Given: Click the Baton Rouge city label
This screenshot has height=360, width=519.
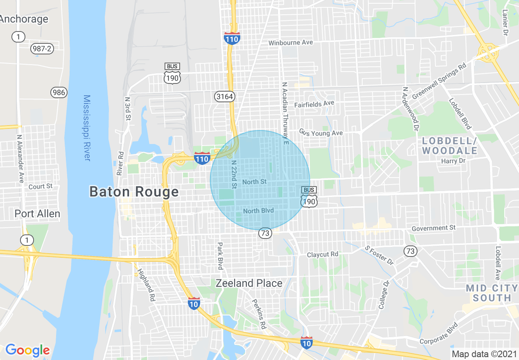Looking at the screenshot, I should click(x=134, y=191).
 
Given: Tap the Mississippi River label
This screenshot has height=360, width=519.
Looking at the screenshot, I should click(x=87, y=128).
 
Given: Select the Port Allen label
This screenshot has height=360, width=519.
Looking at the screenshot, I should click(x=37, y=214).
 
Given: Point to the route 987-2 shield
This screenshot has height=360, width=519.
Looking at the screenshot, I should click(x=42, y=49).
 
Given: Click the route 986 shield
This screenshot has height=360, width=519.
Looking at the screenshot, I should click(x=59, y=92).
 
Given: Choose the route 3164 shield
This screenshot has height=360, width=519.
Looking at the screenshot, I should click(x=224, y=97).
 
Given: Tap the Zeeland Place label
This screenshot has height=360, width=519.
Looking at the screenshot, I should click(x=249, y=283).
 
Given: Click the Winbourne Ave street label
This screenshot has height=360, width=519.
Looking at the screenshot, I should click(x=291, y=43).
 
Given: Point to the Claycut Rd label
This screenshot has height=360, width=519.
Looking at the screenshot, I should click(x=323, y=254).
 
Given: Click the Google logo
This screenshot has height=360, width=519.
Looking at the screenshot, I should click(x=27, y=350).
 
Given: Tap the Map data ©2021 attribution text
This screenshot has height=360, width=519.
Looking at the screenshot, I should click(x=484, y=354).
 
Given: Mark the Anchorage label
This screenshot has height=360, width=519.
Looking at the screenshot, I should click(x=24, y=19).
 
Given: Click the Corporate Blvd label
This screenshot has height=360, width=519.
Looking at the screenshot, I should click(x=438, y=335).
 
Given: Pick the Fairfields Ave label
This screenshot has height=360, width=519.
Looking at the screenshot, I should click(x=314, y=104).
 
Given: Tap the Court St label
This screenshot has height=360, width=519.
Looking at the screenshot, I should click(x=41, y=186).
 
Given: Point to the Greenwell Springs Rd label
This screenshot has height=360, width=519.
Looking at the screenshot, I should click(x=439, y=81).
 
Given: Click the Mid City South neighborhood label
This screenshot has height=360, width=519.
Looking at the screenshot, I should click(x=492, y=293).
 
